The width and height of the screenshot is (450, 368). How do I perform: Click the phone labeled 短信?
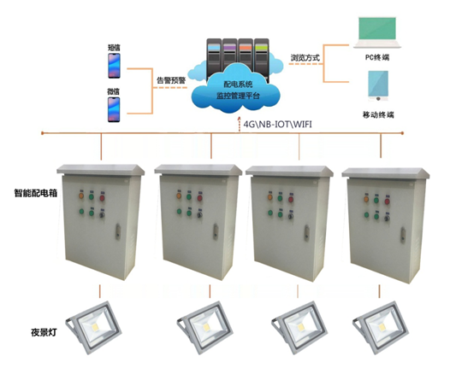pos(114,66)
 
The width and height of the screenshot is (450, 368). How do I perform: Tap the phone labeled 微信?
pos(114,109)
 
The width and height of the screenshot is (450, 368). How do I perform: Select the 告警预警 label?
pos(171,80)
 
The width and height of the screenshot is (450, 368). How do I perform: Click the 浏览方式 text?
pos(305,57)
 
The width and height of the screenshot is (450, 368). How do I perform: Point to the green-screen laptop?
pos(377,32)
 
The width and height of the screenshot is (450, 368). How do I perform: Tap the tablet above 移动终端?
pos(378,85)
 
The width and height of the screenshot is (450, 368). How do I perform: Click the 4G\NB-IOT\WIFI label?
pos(277,125)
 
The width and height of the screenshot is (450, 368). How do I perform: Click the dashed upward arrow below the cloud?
pos(240,125)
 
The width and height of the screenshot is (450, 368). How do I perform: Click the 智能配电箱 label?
pos(36,193)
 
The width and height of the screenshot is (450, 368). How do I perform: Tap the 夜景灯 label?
pos(44,332)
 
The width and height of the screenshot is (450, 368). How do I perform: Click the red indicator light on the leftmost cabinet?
pos(102,197)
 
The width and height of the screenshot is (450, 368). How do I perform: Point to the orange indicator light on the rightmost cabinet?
pos(366,199)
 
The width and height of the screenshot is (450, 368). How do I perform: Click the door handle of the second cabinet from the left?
pos(216,231)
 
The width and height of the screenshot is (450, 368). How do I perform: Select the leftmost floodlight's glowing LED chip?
pos(95,327)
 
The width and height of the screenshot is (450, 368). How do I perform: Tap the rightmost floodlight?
pos(380,328)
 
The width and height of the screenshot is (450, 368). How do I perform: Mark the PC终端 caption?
pos(377,57)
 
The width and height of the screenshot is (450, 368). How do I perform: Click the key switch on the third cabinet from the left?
pos(290,216)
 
